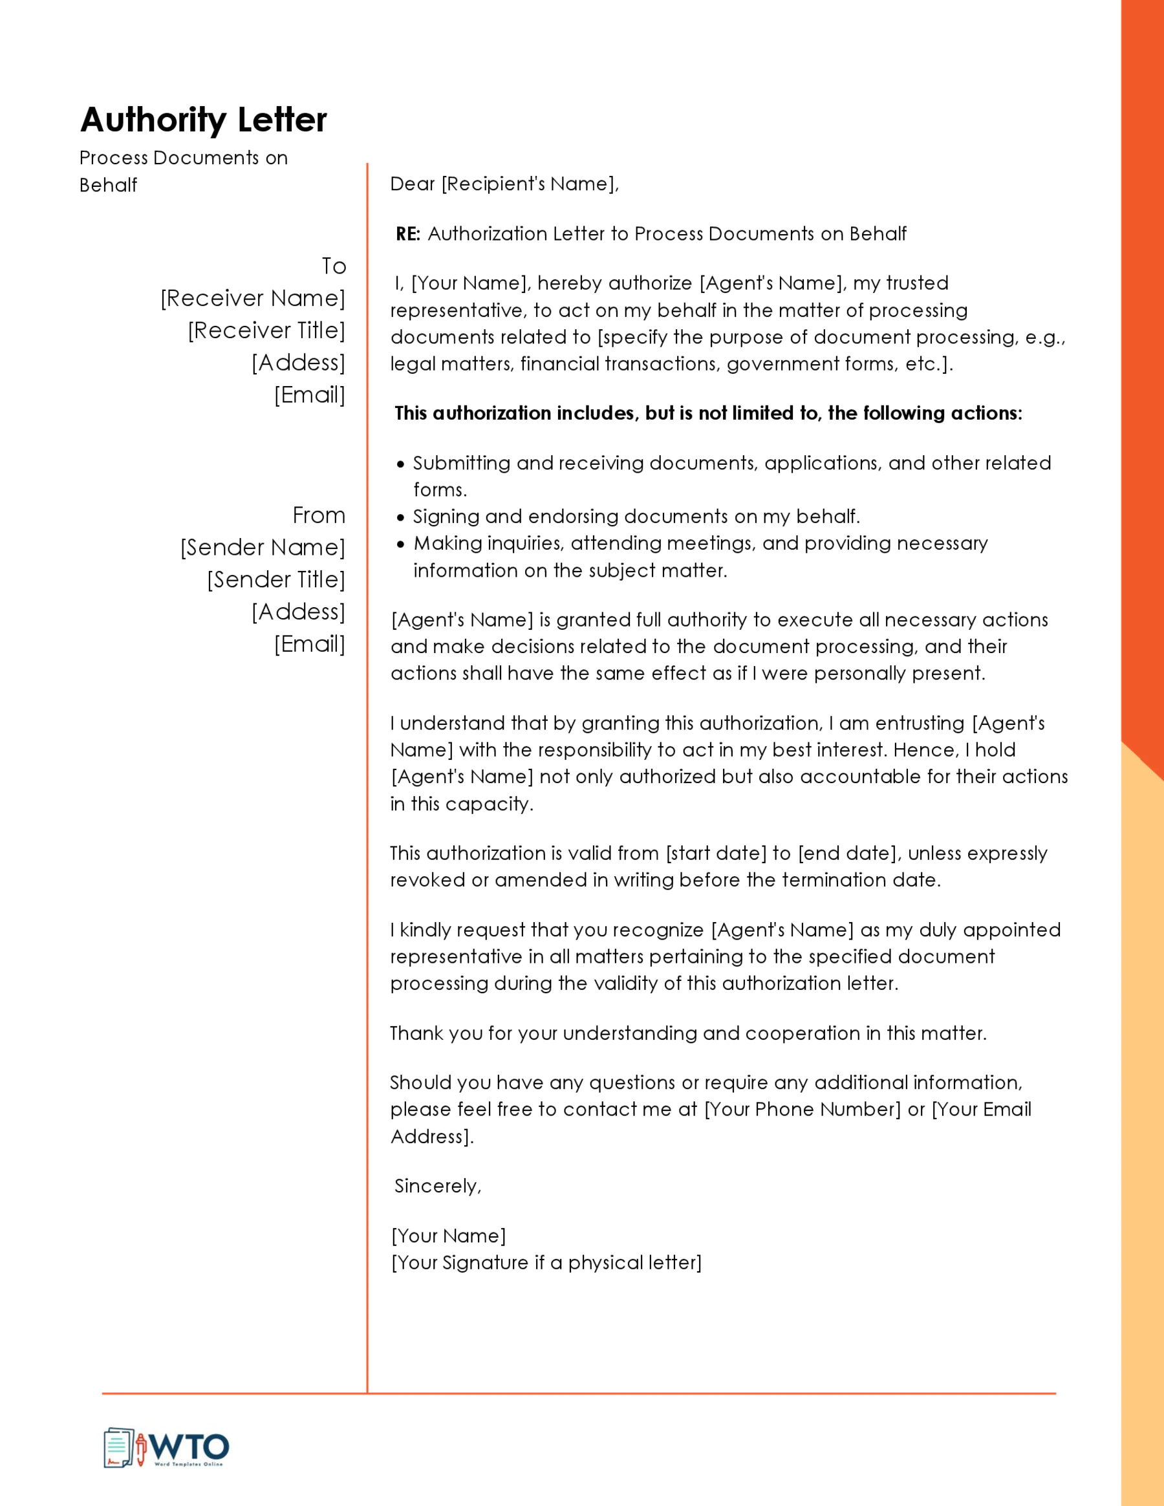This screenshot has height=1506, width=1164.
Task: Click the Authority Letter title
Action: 204,120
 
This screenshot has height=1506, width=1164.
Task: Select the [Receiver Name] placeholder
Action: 252,299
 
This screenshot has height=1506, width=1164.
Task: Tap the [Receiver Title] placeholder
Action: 266,331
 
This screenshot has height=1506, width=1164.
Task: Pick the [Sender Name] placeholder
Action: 262,548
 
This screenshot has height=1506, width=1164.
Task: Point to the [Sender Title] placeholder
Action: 276,580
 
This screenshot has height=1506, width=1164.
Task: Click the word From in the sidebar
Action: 319,515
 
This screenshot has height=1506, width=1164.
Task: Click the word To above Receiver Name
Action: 334,266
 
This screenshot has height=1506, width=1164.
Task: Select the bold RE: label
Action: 407,234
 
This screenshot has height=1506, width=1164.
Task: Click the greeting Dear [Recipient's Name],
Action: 504,184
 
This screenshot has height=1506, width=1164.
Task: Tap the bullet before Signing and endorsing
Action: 401,517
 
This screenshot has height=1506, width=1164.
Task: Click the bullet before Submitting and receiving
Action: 401,464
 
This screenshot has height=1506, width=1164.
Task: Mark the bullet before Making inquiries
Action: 401,544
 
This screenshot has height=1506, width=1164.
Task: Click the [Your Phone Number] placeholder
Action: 802,1110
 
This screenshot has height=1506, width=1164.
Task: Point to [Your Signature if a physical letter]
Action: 546,1263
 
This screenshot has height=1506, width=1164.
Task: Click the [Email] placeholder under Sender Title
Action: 310,644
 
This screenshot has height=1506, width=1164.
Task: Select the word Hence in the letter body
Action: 929,750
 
